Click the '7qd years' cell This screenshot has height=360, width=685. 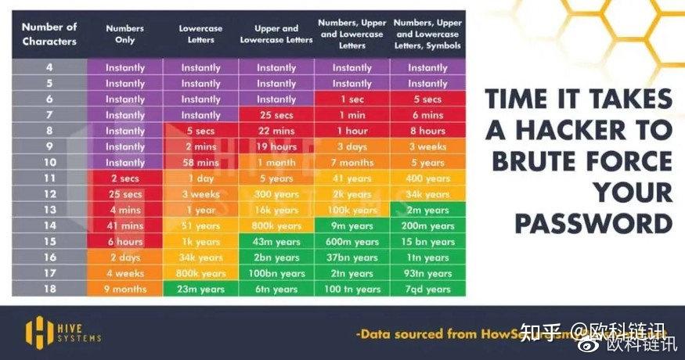(x=427, y=289)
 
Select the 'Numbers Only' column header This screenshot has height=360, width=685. (x=124, y=34)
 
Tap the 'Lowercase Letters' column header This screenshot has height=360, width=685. (x=200, y=34)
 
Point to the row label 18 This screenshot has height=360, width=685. (x=48, y=289)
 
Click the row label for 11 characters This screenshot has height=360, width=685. (x=48, y=178)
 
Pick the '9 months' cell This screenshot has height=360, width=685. (x=124, y=289)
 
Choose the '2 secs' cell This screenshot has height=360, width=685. (x=124, y=178)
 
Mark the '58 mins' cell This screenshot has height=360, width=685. (x=200, y=162)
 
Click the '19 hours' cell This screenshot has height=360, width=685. (x=276, y=146)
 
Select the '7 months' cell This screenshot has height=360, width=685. (x=352, y=162)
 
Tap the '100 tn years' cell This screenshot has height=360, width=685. (x=352, y=289)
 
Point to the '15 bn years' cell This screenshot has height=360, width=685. (x=427, y=242)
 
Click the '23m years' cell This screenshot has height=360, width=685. (x=200, y=289)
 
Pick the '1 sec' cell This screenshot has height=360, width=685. (x=352, y=99)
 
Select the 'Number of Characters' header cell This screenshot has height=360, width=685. (x=48, y=34)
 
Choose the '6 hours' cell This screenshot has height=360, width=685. (x=124, y=242)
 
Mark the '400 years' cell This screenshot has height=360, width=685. (x=427, y=178)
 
